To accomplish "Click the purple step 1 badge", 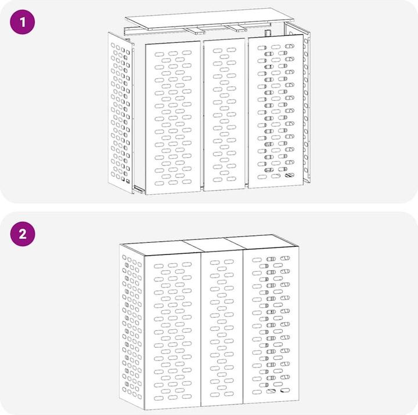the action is [23, 22].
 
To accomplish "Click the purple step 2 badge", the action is [23, 234].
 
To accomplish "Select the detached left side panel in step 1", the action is [120, 113].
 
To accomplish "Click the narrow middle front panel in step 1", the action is [224, 115].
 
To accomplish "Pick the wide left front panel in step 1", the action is [173, 118].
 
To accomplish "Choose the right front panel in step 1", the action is [276, 111].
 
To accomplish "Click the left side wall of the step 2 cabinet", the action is [132, 326].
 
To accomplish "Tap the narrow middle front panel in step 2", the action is [222, 328].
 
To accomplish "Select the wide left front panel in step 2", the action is [172, 332].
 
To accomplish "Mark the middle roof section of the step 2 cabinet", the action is [212, 245].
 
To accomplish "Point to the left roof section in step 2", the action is [160, 248].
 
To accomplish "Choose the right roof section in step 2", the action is [262, 242].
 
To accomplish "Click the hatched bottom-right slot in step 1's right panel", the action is [290, 175].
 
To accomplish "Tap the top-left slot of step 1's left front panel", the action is [159, 54].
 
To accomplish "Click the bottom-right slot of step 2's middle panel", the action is [229, 394].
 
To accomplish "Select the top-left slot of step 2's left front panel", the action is [158, 266].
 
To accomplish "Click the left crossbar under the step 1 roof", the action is [196, 31].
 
